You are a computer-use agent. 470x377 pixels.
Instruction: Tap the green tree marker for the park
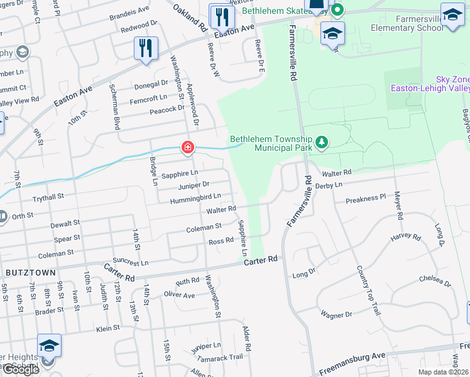322,142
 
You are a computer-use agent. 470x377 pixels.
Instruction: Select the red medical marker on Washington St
187,148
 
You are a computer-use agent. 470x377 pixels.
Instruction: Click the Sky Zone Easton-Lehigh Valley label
431,84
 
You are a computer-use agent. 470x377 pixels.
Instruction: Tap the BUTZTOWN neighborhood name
30,272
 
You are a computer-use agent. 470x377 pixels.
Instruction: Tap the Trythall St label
48,197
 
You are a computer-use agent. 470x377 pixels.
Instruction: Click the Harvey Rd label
405,238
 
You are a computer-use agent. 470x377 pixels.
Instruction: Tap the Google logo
21,369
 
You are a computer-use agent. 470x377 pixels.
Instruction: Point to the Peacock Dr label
150,109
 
